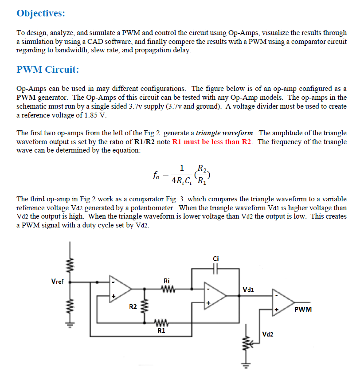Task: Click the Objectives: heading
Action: tap(40, 13)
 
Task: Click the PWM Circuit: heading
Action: tap(47, 70)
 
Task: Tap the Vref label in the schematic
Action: tap(57, 281)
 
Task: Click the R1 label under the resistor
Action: tap(162, 330)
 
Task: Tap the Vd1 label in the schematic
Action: tap(249, 290)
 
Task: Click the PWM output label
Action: tap(303, 309)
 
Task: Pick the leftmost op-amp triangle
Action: tap(120, 289)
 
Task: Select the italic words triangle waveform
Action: tap(225, 133)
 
